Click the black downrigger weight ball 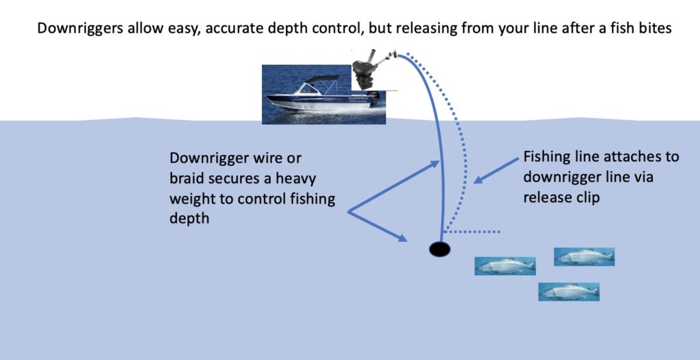[440, 249]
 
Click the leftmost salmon [505, 266]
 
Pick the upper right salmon [584, 257]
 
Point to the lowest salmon [569, 292]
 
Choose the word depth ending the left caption [189, 219]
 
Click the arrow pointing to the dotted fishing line [496, 170]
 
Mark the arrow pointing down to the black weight [377, 227]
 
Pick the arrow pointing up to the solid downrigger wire [393, 186]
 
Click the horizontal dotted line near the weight [472, 232]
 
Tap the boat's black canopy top [321, 79]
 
